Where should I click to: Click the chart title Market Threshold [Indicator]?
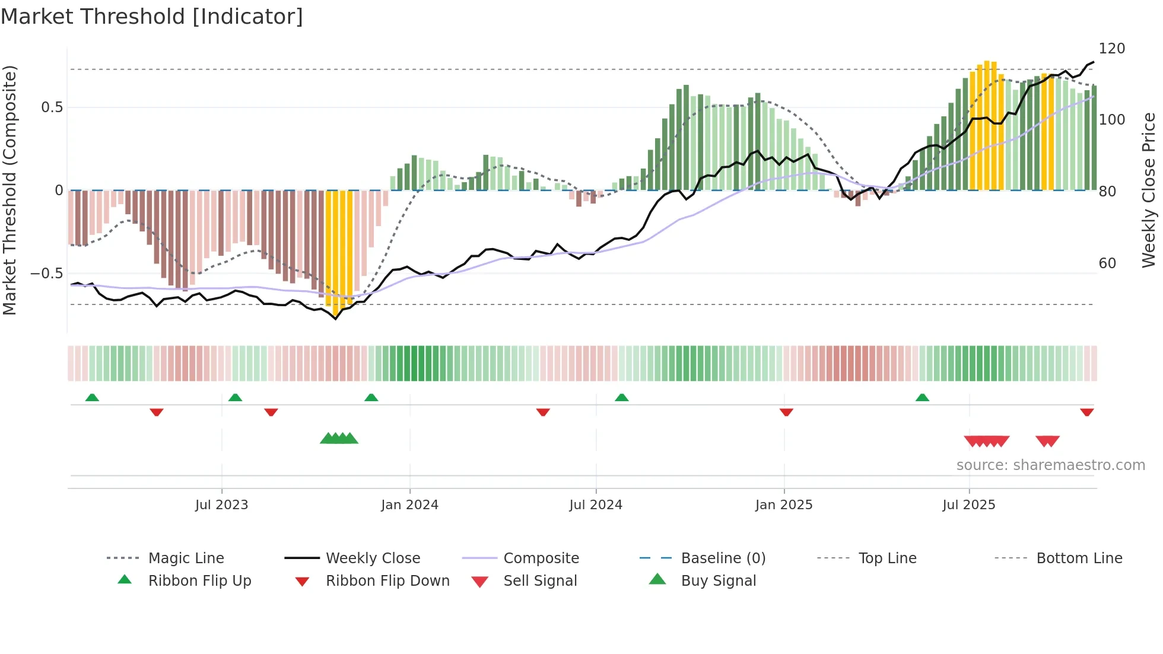[152, 17]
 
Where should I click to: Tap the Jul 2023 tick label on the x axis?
[221, 505]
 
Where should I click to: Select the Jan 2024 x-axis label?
[409, 505]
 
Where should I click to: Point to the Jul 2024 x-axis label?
[596, 505]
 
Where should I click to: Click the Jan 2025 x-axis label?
[784, 505]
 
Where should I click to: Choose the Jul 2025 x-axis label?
[969, 505]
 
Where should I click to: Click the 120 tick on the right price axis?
[1111, 49]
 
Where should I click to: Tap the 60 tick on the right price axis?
[1107, 263]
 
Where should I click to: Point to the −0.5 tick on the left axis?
[47, 274]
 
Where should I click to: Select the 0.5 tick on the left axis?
[52, 107]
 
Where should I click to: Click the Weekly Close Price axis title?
[1149, 190]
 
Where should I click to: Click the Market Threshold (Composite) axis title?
[9, 190]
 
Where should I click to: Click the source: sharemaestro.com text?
[1050, 465]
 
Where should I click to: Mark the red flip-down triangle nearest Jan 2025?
[786, 412]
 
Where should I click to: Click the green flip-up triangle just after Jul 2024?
[621, 398]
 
